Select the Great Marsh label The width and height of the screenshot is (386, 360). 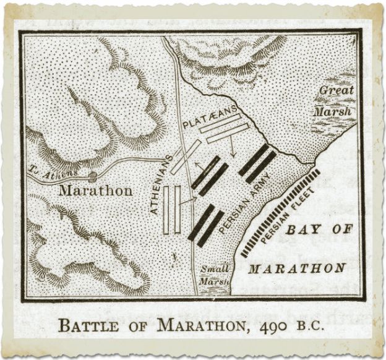(x=336, y=101)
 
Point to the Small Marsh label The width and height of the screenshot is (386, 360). (x=214, y=275)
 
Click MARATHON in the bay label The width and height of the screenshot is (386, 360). (x=296, y=268)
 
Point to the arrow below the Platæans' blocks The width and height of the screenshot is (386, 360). (x=232, y=148)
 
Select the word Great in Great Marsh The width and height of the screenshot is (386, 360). (x=337, y=91)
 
